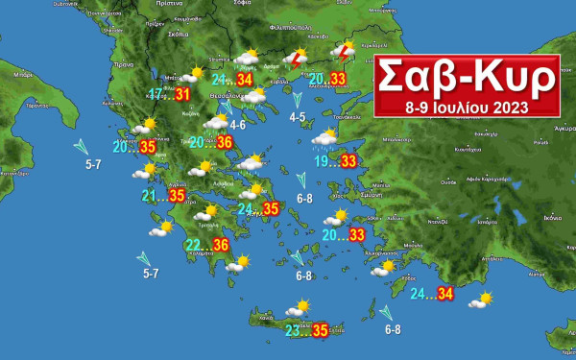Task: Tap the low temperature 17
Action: pos(156,94)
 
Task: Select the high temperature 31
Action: pos(183,94)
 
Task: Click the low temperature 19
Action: pos(324,160)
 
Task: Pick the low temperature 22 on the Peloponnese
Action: pos(194,246)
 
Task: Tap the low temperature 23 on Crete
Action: pos(294,331)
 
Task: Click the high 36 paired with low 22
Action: pos(221,246)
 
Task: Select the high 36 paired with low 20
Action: pos(226,143)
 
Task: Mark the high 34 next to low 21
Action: pos(244,80)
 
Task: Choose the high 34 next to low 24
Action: pos(445,294)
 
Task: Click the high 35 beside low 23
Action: pos(321,331)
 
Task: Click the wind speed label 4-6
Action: pos(237,126)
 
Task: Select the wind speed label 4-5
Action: pos(298,117)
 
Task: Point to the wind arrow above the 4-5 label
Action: pos(298,98)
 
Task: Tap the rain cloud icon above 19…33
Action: pos(325,139)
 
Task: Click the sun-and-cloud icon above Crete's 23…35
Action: pos(299,309)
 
